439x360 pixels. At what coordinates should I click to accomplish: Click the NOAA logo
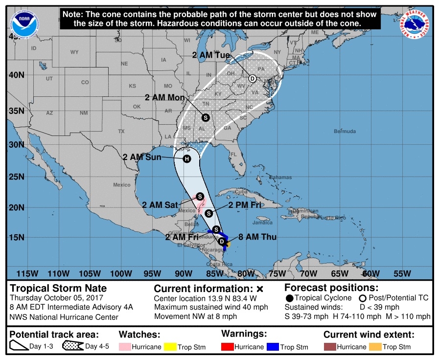[22, 22]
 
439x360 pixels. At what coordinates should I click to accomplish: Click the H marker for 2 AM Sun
[186, 158]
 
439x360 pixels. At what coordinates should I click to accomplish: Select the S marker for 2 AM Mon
[205, 117]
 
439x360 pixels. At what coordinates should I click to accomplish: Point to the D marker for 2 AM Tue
[253, 78]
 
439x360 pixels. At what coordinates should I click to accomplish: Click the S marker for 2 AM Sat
[200, 196]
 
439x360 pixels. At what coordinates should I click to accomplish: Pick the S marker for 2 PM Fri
[208, 213]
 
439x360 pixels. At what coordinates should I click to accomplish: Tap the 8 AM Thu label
[257, 237]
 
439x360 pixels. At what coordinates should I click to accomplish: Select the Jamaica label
[262, 223]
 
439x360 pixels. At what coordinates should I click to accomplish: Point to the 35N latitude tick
[18, 111]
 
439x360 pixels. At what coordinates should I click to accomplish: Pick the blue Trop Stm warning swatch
[273, 347]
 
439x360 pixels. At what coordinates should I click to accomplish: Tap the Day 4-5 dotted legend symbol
[72, 347]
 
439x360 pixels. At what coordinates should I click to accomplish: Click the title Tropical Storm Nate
[58, 288]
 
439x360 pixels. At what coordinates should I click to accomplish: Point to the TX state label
[121, 131]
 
